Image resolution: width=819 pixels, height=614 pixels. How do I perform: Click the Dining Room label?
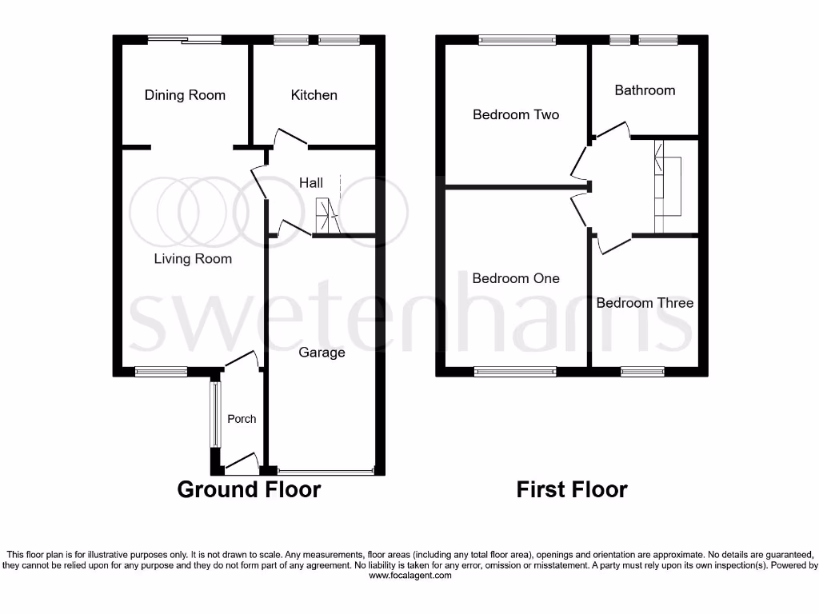click(x=185, y=95)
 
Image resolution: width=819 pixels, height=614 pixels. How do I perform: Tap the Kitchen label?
click(x=314, y=95)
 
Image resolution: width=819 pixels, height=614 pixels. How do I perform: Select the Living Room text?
click(x=193, y=259)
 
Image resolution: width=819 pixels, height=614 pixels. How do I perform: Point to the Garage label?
click(x=322, y=353)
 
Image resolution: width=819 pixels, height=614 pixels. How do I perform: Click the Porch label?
click(x=242, y=419)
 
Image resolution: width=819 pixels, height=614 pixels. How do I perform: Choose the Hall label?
click(x=311, y=183)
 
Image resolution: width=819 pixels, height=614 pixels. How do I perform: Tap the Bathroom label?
click(x=645, y=90)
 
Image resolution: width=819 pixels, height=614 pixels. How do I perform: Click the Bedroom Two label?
click(x=516, y=114)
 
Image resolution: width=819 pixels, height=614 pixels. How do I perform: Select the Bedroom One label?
click(x=516, y=278)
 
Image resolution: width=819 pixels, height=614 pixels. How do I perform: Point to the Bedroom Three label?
click(x=645, y=303)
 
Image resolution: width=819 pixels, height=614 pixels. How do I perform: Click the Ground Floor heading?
click(x=249, y=489)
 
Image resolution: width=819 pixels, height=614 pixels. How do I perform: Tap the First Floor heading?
click(x=572, y=489)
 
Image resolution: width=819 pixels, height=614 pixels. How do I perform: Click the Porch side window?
click(x=214, y=414)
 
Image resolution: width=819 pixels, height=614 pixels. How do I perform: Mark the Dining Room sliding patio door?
click(x=185, y=39)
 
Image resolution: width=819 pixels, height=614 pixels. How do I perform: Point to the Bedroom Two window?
click(x=517, y=39)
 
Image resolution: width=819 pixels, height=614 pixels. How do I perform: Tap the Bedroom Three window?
click(x=642, y=371)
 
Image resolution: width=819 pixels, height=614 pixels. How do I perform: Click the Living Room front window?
click(x=161, y=371)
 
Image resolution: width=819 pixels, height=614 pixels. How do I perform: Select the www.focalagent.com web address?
click(x=409, y=576)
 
